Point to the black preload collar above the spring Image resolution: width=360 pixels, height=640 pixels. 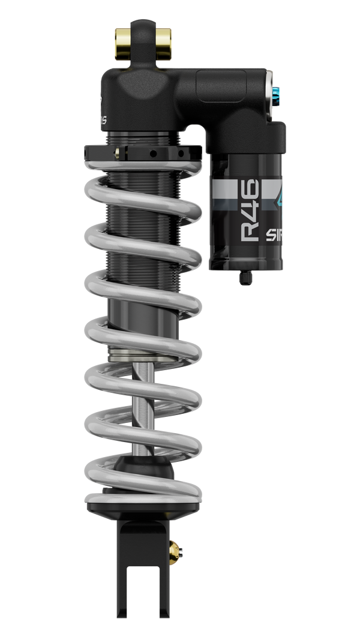coord(141,153)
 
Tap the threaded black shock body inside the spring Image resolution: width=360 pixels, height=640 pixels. coord(142,240)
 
